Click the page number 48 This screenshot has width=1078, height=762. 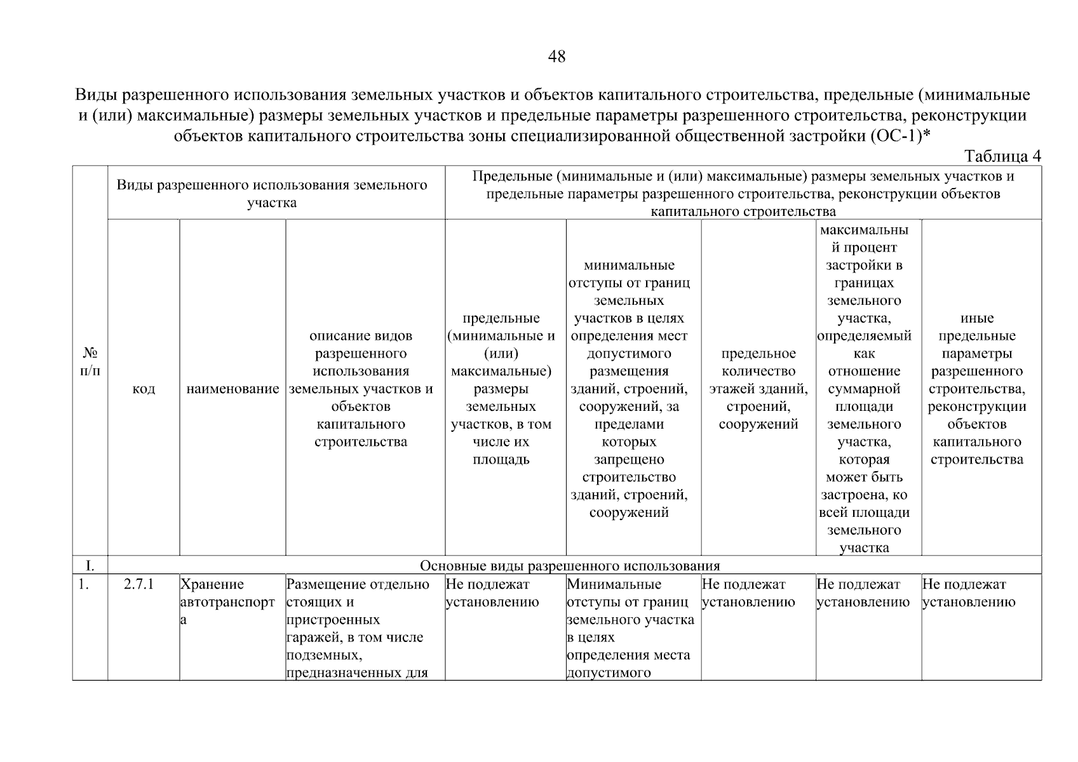coord(556,57)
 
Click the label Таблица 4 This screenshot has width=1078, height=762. coord(1002,156)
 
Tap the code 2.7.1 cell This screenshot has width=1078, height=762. coord(139,585)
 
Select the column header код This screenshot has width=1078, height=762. coord(144,389)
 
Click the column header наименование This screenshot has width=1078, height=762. coord(232,389)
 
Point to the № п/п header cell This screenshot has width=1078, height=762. coord(90,362)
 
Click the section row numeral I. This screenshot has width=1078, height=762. coord(90,566)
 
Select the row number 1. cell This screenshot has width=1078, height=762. coord(84,585)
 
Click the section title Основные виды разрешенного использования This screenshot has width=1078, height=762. coord(570,566)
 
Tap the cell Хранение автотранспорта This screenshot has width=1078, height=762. coord(227,602)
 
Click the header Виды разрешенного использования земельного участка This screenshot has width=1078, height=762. coord(272,194)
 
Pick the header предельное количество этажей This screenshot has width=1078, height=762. coord(758,389)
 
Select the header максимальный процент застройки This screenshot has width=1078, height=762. coord(864,389)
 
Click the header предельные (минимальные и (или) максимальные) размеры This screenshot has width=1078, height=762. coord(501,389)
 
